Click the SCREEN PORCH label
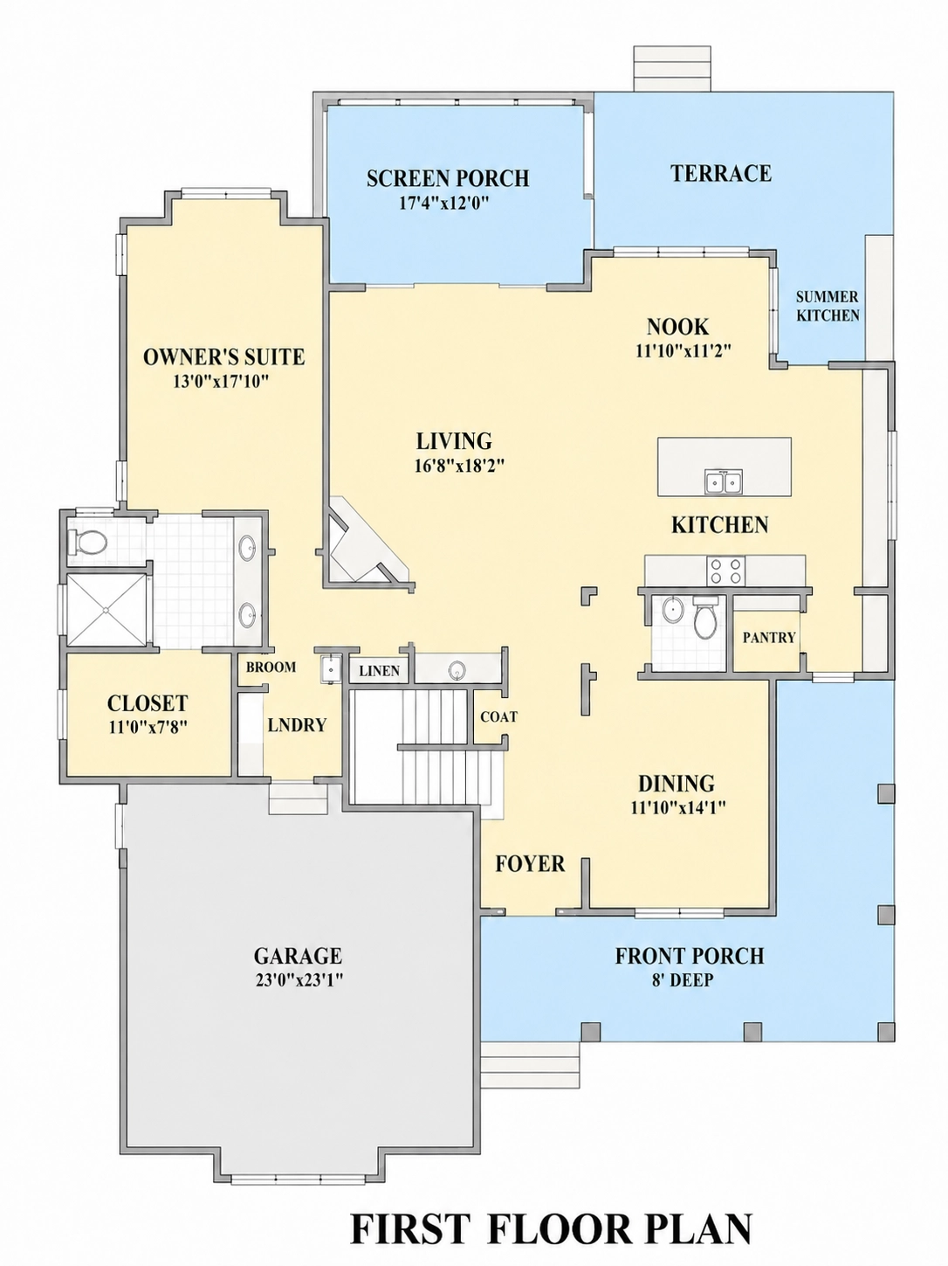448,178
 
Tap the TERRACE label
721,173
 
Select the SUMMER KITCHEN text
828,307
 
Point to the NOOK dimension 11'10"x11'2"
684,351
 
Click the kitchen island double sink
725,481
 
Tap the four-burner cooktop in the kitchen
725,571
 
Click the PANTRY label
769,637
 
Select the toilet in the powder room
705,617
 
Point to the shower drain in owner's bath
106,609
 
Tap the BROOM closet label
271,668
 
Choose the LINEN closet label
379,671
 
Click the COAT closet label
499,717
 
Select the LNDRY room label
297,725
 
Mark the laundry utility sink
332,669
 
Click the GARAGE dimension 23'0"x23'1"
298,980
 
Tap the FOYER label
530,864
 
